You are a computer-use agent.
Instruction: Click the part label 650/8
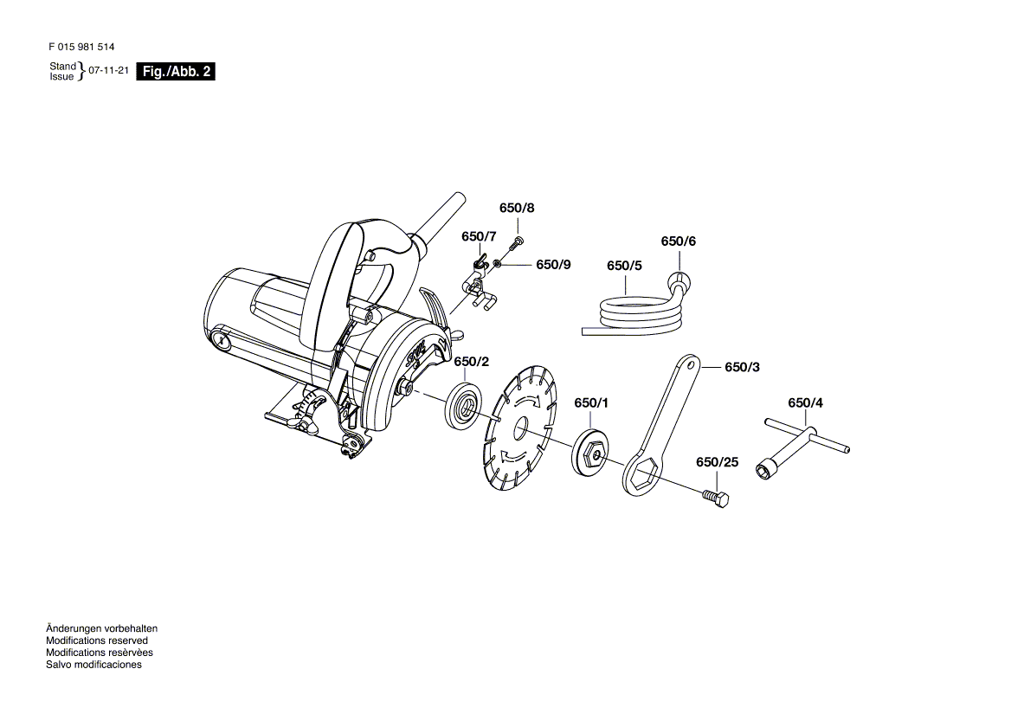coord(517,209)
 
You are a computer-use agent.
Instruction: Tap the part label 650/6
coord(679,241)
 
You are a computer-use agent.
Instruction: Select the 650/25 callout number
coord(717,462)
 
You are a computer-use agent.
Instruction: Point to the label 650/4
coord(805,402)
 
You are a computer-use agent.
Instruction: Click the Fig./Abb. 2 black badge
coord(176,72)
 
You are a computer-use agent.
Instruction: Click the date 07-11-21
coord(108,70)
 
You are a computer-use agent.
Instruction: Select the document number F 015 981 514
coord(81,47)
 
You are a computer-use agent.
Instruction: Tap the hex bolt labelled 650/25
coord(715,497)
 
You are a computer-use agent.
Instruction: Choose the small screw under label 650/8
coord(517,242)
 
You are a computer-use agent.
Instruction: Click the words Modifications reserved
coord(97,640)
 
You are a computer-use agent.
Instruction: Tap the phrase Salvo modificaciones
coord(93,665)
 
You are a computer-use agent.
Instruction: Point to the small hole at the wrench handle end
coord(692,364)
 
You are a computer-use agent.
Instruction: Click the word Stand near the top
coord(62,66)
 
